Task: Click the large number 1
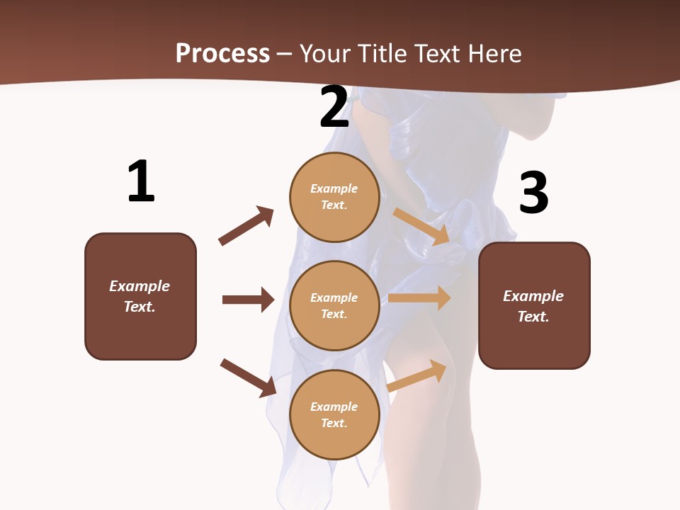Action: pyautogui.click(x=141, y=182)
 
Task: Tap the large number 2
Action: pyautogui.click(x=334, y=107)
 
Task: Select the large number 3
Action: pyautogui.click(x=533, y=193)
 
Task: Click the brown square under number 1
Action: pyautogui.click(x=140, y=296)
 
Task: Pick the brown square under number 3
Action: pyautogui.click(x=534, y=305)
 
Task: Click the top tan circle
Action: pyautogui.click(x=334, y=197)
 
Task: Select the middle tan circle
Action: pyautogui.click(x=334, y=305)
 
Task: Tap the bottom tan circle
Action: pyautogui.click(x=334, y=414)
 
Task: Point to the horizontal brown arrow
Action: pyautogui.click(x=248, y=300)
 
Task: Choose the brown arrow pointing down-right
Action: pyautogui.click(x=249, y=378)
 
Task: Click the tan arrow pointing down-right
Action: pyautogui.click(x=421, y=226)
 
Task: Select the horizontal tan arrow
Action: pyautogui.click(x=419, y=298)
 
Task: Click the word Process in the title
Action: pyautogui.click(x=222, y=53)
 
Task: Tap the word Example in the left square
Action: pyautogui.click(x=140, y=286)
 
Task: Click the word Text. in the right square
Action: pyautogui.click(x=533, y=317)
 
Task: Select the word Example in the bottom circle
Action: pyautogui.click(x=334, y=407)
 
